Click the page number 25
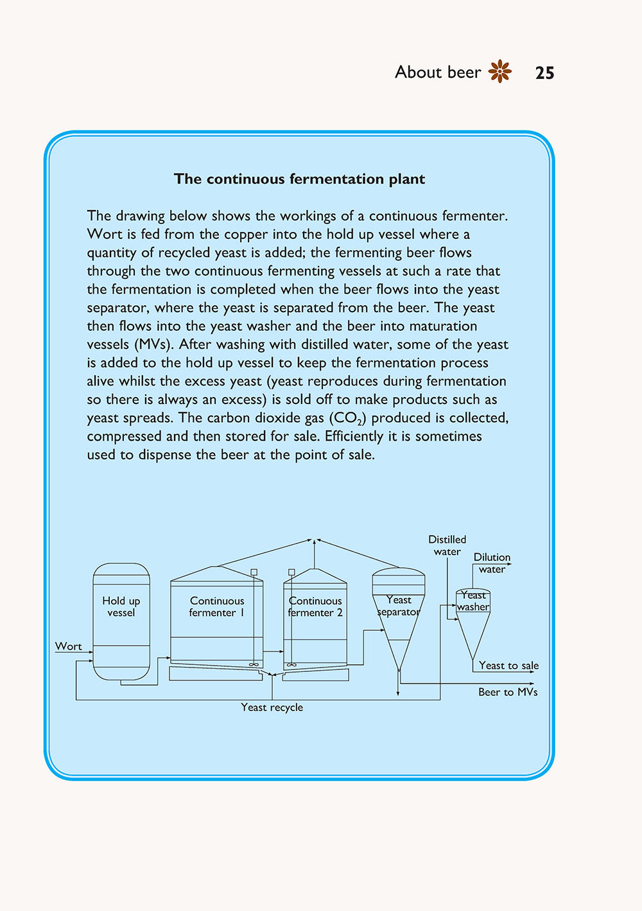click(544, 73)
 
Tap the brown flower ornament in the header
click(500, 71)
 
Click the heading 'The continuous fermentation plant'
click(299, 179)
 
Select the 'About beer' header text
click(437, 72)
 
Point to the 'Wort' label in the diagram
click(68, 646)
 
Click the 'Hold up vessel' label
click(121, 606)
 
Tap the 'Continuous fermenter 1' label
click(217, 606)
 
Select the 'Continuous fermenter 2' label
click(315, 606)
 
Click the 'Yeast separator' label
click(399, 606)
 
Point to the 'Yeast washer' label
click(474, 601)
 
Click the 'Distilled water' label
click(447, 545)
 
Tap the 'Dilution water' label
click(492, 563)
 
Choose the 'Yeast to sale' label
click(508, 666)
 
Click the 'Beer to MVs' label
click(508, 692)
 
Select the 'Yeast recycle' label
click(272, 707)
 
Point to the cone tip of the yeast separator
click(399, 669)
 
